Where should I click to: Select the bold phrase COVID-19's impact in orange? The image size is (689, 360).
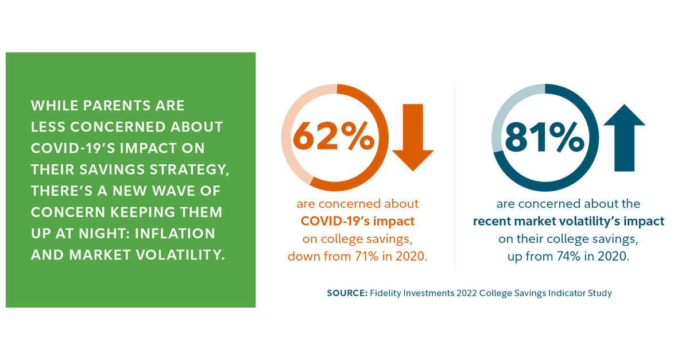[x=358, y=221]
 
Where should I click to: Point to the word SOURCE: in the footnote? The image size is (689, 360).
[x=347, y=293]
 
